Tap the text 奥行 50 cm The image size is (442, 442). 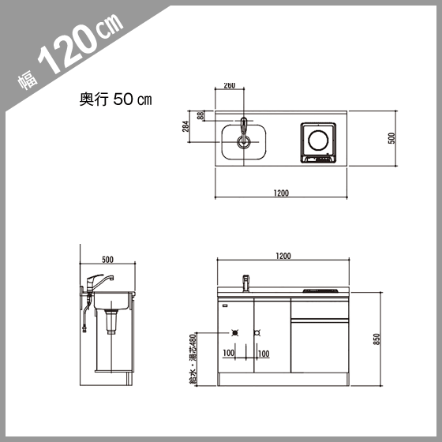pyautogui.click(x=115, y=99)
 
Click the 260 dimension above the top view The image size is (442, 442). pyautogui.click(x=230, y=85)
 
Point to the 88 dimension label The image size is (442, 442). pyautogui.click(x=200, y=115)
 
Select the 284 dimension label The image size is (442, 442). pyautogui.click(x=185, y=126)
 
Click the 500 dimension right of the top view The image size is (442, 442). pyautogui.click(x=391, y=138)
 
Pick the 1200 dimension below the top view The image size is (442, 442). pyautogui.click(x=281, y=193)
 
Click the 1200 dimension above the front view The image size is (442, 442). pyautogui.click(x=283, y=256)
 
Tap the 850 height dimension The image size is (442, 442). pyautogui.click(x=377, y=339)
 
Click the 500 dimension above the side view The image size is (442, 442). pyautogui.click(x=107, y=260)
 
